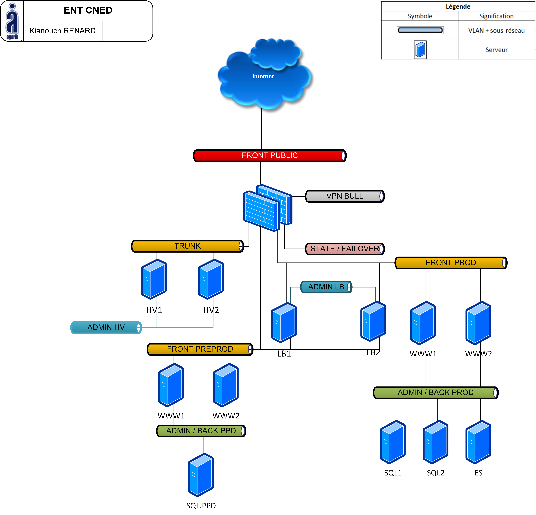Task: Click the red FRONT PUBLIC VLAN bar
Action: (x=270, y=155)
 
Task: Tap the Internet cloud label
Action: (x=263, y=76)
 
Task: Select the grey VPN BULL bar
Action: (x=345, y=196)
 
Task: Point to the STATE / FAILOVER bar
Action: (x=345, y=249)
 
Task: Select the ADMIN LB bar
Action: (x=326, y=287)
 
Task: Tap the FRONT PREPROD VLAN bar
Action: (x=200, y=349)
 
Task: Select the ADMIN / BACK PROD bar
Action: (x=436, y=393)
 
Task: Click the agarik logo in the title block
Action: (x=12, y=21)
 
